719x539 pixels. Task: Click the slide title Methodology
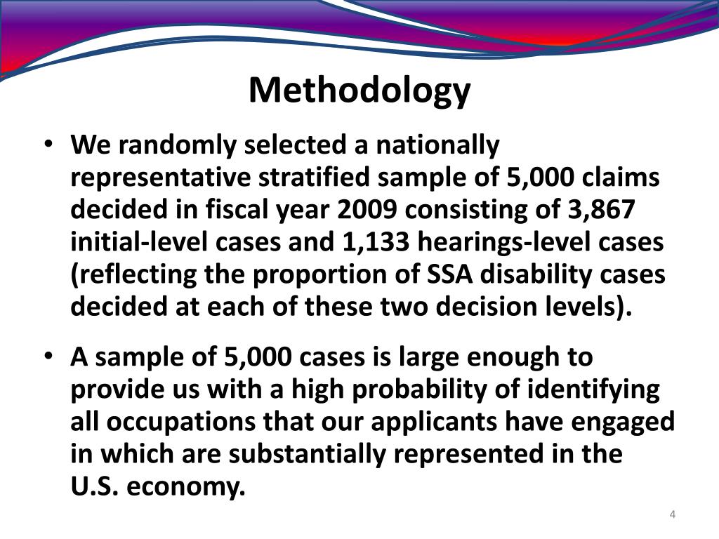click(x=359, y=90)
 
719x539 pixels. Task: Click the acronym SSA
click(x=452, y=275)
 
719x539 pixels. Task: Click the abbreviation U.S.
click(x=94, y=487)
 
